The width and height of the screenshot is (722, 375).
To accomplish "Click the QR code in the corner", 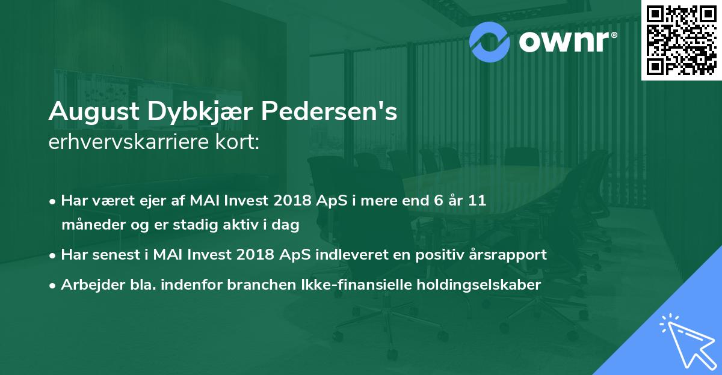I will tap(681, 40).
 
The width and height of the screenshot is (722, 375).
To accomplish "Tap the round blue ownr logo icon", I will tap(490, 41).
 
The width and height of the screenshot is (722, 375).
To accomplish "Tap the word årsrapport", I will tap(508, 254).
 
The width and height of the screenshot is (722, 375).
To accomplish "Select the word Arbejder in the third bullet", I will tap(87, 285).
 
